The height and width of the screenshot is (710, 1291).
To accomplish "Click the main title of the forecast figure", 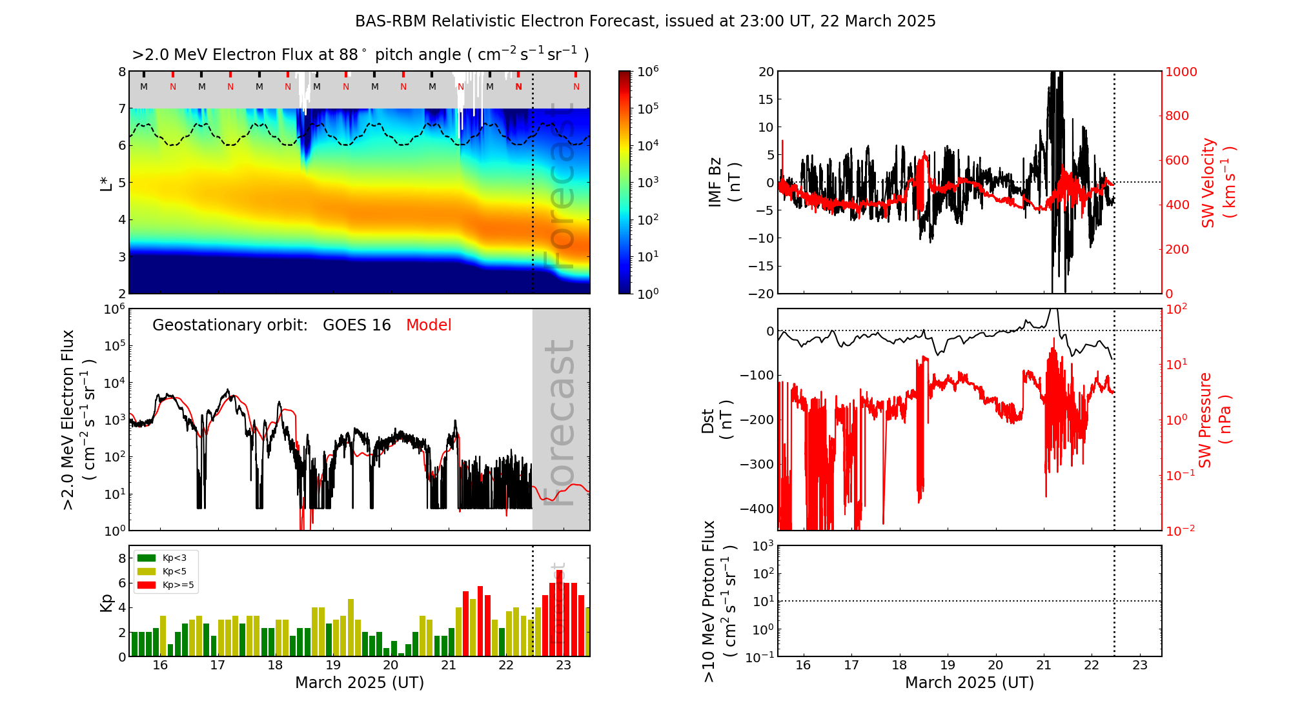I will [x=645, y=21].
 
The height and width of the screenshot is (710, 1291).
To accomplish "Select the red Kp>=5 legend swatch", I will [x=147, y=585].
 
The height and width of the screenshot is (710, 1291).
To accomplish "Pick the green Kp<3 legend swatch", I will [x=147, y=558].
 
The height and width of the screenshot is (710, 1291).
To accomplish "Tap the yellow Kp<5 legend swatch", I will [x=147, y=571].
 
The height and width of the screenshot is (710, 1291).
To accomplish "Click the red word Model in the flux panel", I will [x=429, y=325].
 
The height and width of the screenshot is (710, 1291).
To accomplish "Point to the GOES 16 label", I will [x=357, y=325].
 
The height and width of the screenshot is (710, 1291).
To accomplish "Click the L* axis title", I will [x=107, y=183].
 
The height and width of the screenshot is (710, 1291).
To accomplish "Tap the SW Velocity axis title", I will [x=1217, y=183].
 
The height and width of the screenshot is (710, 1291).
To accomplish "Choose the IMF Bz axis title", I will [x=724, y=183].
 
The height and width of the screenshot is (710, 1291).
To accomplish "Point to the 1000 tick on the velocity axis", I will [x=1181, y=72].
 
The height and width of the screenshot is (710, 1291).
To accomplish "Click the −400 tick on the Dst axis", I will [x=757, y=509].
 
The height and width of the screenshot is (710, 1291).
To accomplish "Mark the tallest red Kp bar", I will [x=559, y=613].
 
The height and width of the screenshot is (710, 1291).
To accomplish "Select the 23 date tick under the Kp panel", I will [x=564, y=665].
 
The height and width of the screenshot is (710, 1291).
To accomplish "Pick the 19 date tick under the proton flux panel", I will [x=948, y=665].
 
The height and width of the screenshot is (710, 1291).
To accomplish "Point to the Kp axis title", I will [x=107, y=602].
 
